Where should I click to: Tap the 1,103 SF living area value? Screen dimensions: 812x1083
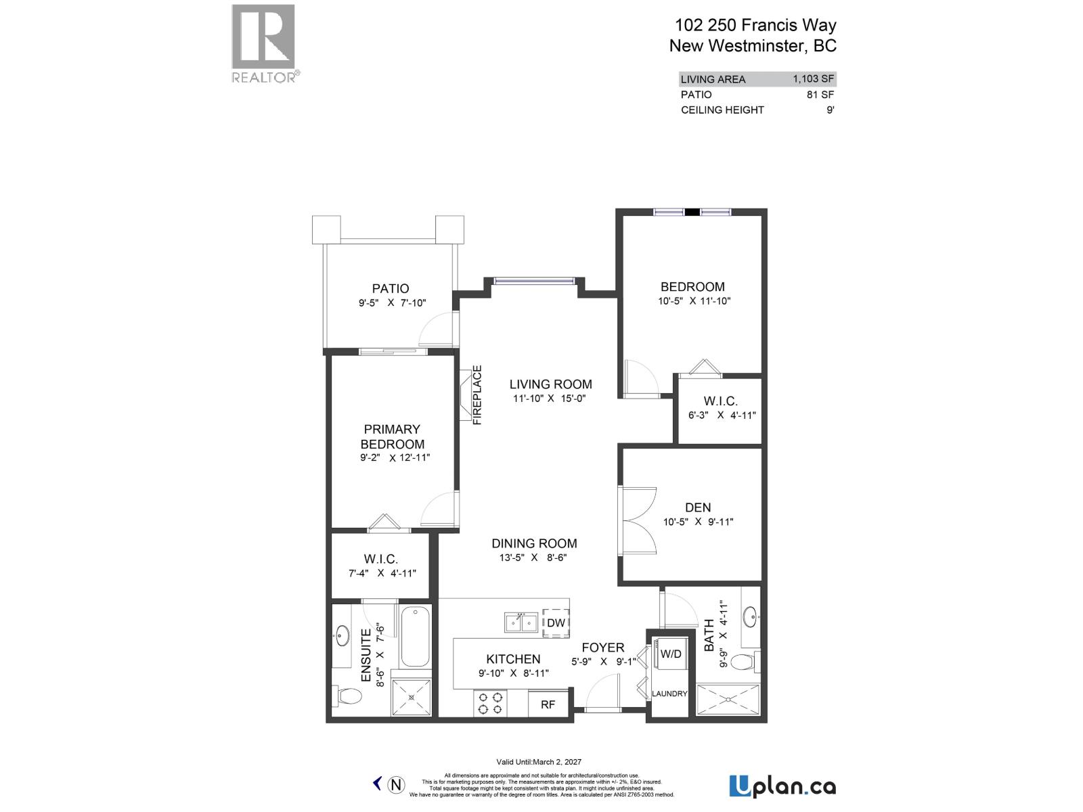pos(813,78)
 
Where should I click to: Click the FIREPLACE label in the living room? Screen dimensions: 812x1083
pos(477,395)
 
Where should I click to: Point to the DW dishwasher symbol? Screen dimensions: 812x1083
pos(556,623)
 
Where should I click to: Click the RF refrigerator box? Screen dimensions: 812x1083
pos(548,704)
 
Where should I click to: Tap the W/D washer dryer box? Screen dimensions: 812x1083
pos(670,654)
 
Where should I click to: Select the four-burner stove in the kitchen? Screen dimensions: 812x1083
pos(490,702)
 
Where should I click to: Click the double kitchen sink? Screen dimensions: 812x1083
pos(521,622)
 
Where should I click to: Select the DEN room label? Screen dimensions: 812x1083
pos(698,507)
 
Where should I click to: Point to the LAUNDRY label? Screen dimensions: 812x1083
pos(669,694)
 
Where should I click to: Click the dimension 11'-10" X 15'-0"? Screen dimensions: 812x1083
pos(549,399)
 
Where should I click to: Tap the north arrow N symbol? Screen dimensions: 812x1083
pos(397,785)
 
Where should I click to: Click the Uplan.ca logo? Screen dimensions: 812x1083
pos(782,786)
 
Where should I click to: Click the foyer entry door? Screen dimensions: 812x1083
pos(601,697)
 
